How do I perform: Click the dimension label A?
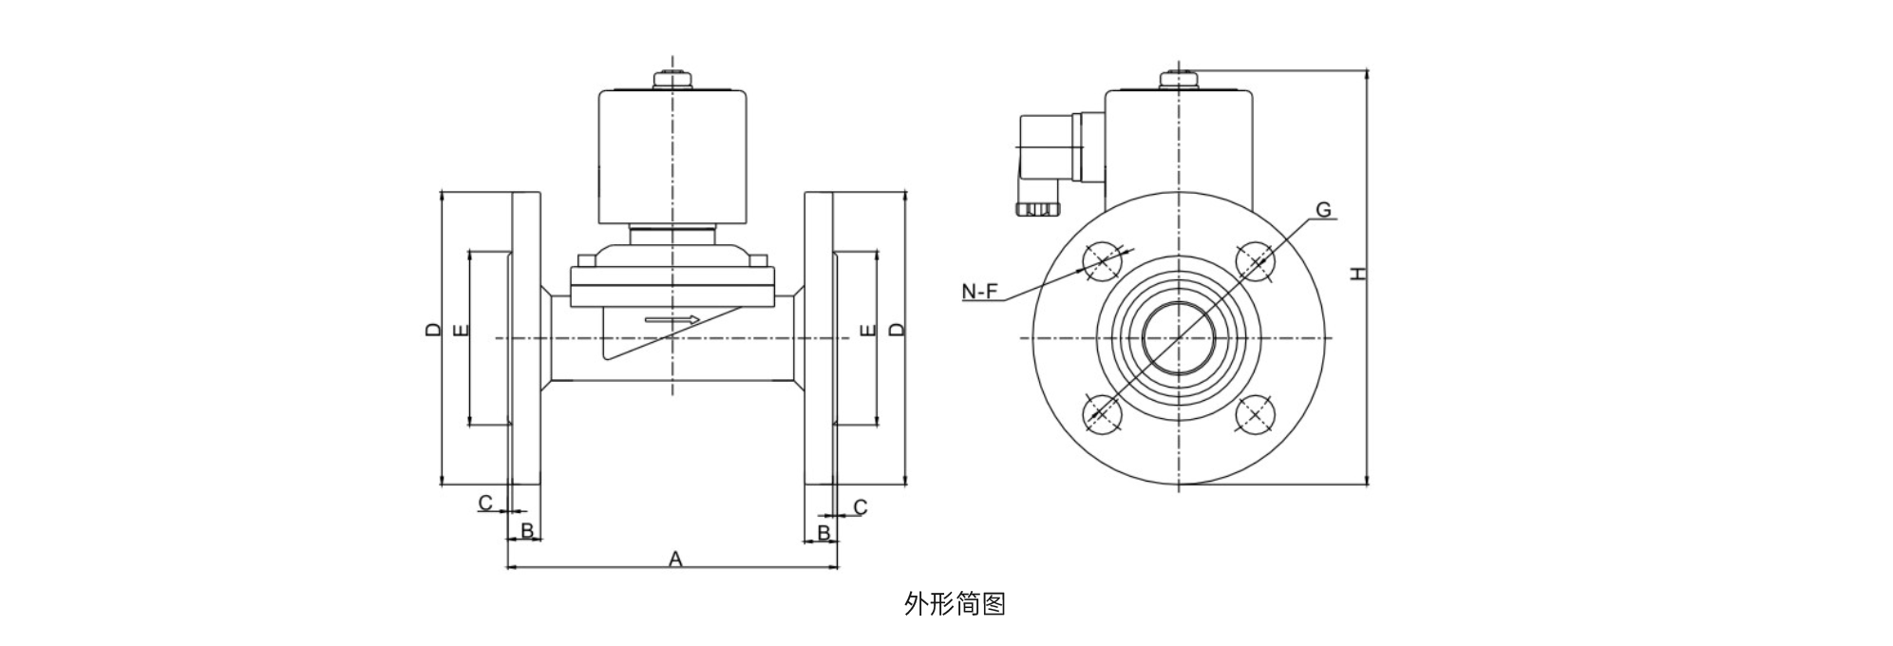(675, 559)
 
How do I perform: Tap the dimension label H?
(1359, 274)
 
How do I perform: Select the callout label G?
(1323, 210)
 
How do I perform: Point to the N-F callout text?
(980, 292)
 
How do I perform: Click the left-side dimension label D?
(433, 330)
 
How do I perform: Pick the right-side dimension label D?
(897, 330)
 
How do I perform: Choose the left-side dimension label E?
(461, 331)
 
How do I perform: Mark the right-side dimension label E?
(866, 331)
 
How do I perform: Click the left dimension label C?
(485, 503)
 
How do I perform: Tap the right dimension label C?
(861, 507)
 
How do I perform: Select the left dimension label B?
(527, 530)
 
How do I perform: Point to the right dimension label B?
(824, 533)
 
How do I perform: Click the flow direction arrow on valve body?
(672, 319)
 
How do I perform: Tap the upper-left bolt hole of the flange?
(1102, 259)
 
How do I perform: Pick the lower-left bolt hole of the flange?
(1102, 414)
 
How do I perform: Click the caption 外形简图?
(954, 603)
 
